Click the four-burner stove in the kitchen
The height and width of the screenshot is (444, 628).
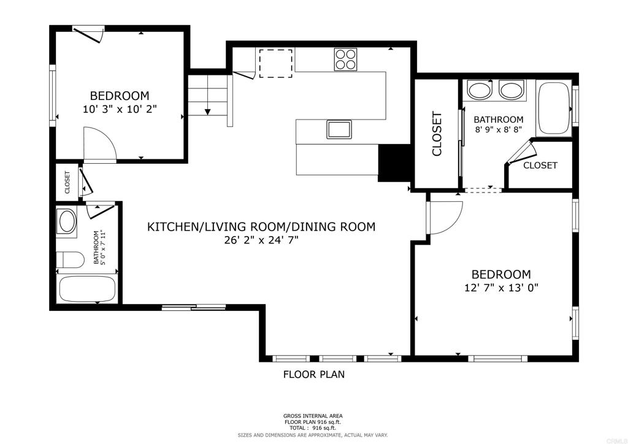coord(345,59)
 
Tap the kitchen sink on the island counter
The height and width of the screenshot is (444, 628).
coord(339,129)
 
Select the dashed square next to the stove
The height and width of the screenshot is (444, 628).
coord(275,63)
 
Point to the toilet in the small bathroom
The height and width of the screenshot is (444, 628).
coord(70,259)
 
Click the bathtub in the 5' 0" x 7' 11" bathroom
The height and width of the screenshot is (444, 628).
coord(87,289)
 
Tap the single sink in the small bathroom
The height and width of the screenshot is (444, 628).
coord(67,221)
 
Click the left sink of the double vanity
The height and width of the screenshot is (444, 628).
coord(479,90)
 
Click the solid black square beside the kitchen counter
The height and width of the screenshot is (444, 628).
coord(395,163)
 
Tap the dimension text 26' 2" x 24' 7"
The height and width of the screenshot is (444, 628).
coord(261,240)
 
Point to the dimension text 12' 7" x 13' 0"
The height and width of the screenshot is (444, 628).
coord(501,288)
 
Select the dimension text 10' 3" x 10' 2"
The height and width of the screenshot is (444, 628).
coord(120,109)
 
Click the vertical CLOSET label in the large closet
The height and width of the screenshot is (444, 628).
coord(437,134)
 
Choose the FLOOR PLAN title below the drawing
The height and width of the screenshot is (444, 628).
coord(314,375)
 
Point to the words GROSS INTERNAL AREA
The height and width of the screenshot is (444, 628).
coord(313,416)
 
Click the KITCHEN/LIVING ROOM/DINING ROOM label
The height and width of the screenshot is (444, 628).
coord(261,227)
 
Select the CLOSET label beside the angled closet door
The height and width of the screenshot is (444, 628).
coord(540,166)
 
